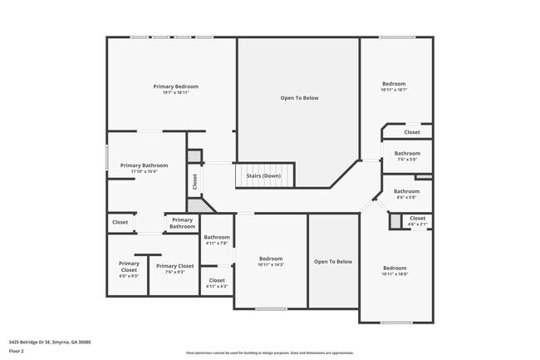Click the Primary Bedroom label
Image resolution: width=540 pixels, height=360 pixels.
pos(175,86)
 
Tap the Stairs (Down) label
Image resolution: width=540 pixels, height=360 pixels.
pos(263,176)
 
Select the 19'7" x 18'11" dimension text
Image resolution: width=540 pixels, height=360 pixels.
pos(175,92)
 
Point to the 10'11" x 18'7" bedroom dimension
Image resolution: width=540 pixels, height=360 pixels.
pos(394,90)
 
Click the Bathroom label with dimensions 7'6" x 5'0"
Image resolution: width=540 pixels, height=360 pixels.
pos(407,153)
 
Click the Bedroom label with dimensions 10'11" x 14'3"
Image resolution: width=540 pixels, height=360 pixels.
pos(271,259)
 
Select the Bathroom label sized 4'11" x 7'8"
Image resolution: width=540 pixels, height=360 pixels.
pos(217,238)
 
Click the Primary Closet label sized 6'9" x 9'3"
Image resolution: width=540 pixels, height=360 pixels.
pos(129,267)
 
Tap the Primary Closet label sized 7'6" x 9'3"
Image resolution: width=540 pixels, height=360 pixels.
pos(174,266)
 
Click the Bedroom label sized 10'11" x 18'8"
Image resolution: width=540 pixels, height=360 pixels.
pos(394,268)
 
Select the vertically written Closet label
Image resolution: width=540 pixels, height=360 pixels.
pos(194,180)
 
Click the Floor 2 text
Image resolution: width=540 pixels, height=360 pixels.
pos(17,351)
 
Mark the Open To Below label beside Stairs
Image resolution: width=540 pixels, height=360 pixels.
pos(299,98)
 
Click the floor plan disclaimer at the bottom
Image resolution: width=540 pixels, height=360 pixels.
pos(269,353)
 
